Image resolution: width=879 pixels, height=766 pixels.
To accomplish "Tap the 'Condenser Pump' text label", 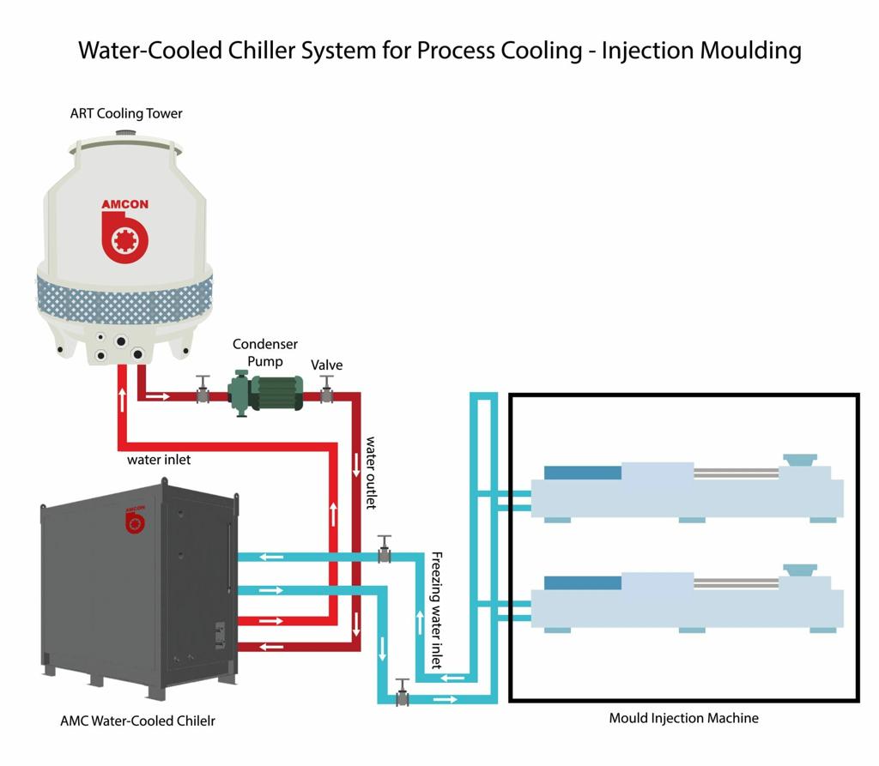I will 265,353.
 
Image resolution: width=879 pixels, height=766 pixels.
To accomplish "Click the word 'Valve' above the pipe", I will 326,365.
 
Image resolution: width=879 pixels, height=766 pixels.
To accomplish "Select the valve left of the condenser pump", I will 203,391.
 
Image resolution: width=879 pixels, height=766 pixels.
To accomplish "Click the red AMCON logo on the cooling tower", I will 125,232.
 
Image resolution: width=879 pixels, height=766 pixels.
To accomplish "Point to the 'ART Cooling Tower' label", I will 126,113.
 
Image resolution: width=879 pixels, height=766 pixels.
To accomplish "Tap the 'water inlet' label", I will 159,460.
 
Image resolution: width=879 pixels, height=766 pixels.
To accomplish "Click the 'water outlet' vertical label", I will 371,473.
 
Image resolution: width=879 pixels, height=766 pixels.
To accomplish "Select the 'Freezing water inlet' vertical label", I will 436,610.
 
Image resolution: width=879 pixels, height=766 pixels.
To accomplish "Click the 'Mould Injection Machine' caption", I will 683,718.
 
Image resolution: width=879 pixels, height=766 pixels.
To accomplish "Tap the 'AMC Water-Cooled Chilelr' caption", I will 137,721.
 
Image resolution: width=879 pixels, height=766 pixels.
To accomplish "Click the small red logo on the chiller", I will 135,520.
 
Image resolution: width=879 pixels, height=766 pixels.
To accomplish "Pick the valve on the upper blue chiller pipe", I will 385,550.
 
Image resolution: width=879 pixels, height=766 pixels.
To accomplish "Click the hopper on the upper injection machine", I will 799,460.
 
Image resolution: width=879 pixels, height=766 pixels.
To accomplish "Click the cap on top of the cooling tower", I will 126,134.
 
